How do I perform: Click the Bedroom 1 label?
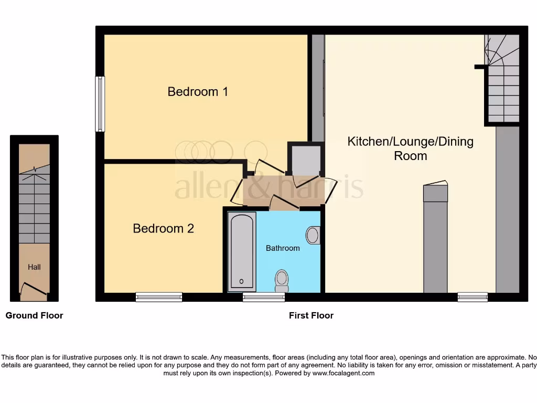pos(198,92)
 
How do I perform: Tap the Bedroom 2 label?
pos(163,229)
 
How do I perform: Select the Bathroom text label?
pos(283,248)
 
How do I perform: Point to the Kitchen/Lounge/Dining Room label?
pos(410,149)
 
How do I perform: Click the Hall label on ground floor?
pos(34,267)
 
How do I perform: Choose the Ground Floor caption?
pos(34,315)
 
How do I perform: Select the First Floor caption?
pos(311,315)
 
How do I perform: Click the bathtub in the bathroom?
pos(242,252)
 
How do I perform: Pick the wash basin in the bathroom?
pos(313,235)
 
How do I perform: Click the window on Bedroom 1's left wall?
pos(100,104)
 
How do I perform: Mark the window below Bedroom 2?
pos(159,297)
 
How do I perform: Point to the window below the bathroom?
pos(264,297)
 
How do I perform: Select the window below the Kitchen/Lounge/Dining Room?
pos(472,297)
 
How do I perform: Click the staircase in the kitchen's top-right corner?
pos(503,79)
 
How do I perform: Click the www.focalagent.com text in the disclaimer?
pos(343,374)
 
